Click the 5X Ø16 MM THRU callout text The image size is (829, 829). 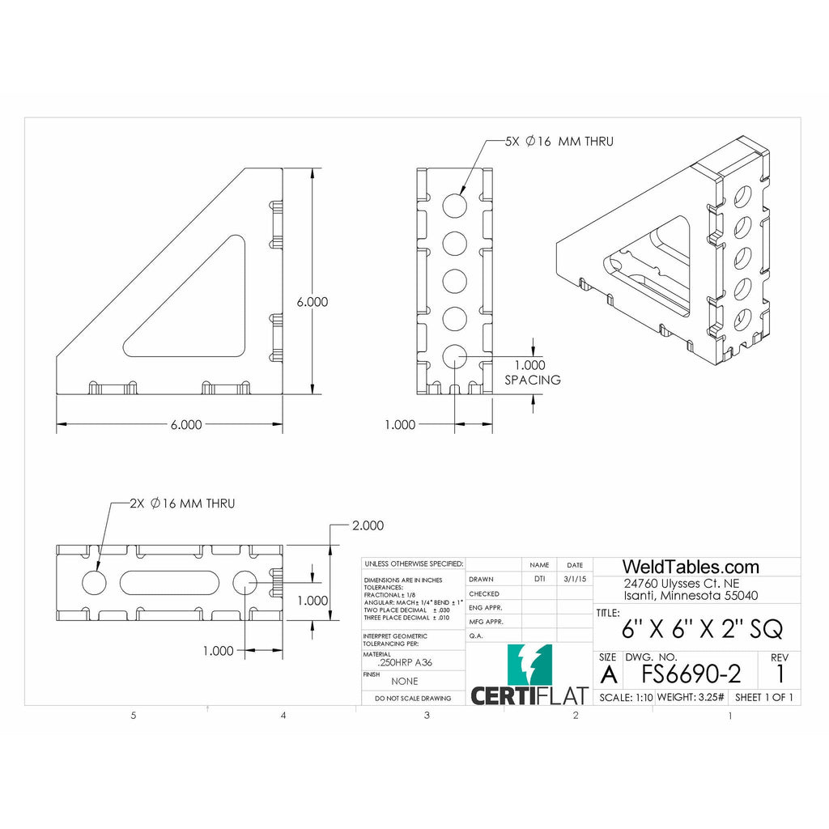click(559, 142)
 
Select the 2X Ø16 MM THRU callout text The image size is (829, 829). click(182, 504)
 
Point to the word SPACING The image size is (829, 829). click(533, 380)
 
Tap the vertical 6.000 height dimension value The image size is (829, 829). click(312, 301)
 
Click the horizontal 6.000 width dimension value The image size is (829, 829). click(186, 424)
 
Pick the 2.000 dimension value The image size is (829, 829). click(368, 525)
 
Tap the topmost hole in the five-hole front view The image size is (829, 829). click(454, 204)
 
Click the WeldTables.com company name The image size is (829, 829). click(691, 567)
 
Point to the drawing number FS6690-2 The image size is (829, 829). click(691, 673)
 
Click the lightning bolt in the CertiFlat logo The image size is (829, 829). click(530, 664)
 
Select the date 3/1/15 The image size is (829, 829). click(574, 579)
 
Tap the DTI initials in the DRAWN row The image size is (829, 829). click(539, 579)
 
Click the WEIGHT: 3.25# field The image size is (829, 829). click(691, 697)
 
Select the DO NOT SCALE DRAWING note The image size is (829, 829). click(413, 698)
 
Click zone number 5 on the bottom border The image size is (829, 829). click(134, 716)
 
